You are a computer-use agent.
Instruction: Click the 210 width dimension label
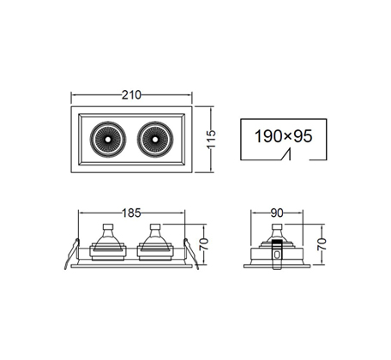coord(131,95)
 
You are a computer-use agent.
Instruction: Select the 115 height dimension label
coord(211,139)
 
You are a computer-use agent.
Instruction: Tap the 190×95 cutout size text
coord(284,136)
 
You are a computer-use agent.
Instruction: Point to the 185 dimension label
coord(131,213)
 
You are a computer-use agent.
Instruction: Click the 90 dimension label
coord(277,213)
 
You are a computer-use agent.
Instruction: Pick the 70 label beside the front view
coord(204,244)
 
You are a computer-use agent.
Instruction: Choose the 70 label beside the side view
coord(322,244)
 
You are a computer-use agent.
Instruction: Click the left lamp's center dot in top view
coord(108,140)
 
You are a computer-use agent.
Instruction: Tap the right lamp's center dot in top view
coord(155,140)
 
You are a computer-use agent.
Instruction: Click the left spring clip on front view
coord(71,254)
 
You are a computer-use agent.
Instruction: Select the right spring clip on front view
coord(191,254)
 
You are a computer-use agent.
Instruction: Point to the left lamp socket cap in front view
coord(108,227)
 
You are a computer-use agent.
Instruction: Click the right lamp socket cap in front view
coord(155,227)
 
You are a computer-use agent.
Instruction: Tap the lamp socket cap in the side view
coord(277,227)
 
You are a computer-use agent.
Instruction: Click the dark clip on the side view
coord(276,255)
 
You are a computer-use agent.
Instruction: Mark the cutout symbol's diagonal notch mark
coord(286,154)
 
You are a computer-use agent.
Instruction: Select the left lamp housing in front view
coord(108,246)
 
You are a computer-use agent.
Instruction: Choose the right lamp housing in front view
coord(155,246)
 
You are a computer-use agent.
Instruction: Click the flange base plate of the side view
coord(277,266)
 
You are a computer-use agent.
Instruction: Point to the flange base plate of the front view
coord(131,266)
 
